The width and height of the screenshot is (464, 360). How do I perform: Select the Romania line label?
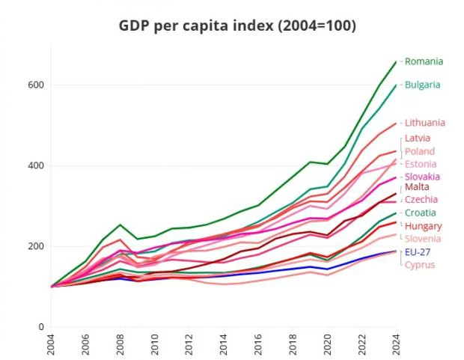[424, 61]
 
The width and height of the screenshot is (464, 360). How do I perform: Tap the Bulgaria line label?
[423, 85]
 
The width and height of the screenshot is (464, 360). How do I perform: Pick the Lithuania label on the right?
[425, 123]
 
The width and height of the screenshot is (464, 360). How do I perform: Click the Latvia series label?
[417, 138]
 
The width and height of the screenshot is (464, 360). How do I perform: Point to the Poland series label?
[419, 151]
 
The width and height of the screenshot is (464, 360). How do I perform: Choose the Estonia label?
[421, 164]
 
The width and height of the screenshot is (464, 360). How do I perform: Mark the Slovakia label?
[422, 177]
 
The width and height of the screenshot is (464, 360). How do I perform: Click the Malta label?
[416, 187]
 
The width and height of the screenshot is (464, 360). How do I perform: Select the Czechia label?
[421, 200]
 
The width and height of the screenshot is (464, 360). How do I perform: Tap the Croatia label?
[420, 213]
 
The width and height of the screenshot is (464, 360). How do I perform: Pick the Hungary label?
[423, 226]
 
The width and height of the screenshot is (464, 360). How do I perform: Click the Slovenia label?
[423, 239]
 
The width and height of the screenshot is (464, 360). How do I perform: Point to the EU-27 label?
[416, 252]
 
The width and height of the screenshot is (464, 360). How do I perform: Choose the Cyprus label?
[420, 264]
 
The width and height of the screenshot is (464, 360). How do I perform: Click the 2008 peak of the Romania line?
[120, 225]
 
